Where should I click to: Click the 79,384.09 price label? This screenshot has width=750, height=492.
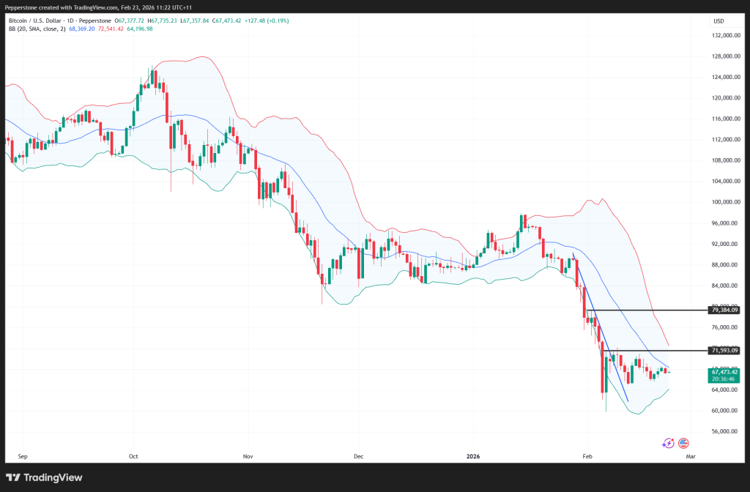pos(724,310)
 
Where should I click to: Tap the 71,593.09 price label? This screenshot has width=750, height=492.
pos(724,350)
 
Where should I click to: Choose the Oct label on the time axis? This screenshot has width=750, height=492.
pos(133,455)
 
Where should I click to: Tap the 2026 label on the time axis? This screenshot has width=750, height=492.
pos(473,455)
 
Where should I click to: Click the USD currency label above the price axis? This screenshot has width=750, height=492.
pos(719,20)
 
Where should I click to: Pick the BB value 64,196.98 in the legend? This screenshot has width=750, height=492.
pos(138,29)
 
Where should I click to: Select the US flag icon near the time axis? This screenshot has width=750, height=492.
pos(683,443)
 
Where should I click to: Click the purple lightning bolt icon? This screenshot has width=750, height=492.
pos(668,443)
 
